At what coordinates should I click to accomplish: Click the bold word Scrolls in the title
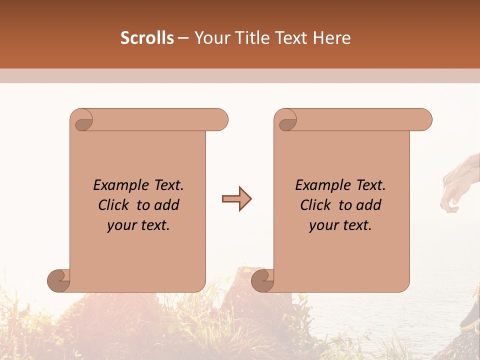pos(147,38)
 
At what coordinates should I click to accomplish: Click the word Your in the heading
pos(210,38)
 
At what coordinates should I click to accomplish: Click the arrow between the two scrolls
pos(236,199)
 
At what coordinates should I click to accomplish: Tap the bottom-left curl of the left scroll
pos(59,280)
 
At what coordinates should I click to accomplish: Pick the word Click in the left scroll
pos(114,205)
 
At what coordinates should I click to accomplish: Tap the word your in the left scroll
pos(120,225)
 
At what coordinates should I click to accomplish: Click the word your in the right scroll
pos(322,225)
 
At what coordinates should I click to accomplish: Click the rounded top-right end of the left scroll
pos(220,119)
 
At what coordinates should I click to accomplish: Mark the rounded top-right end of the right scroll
pos(424,119)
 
